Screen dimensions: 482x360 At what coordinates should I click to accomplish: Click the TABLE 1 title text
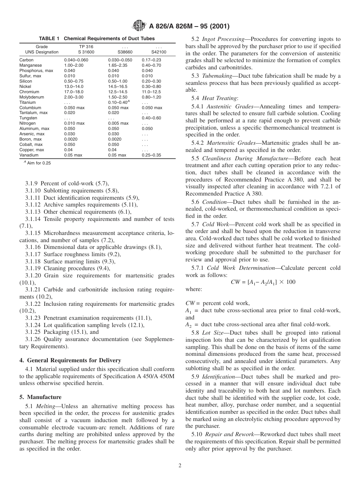pyautogui.click(x=97, y=39)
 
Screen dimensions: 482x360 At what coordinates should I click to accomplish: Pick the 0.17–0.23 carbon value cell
pyautogui.click(x=151, y=60)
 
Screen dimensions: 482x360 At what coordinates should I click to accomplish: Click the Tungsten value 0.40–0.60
pyautogui.click(x=151, y=118)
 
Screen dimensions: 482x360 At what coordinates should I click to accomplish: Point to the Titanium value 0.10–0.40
pyautogui.click(x=118, y=102)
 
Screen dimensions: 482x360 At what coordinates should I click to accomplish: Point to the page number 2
pyautogui.click(x=180, y=466)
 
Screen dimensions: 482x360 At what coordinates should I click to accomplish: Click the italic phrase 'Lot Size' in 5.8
pyautogui.click(x=213, y=333)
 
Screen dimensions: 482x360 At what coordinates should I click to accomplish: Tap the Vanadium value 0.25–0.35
pyautogui.click(x=151, y=155)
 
